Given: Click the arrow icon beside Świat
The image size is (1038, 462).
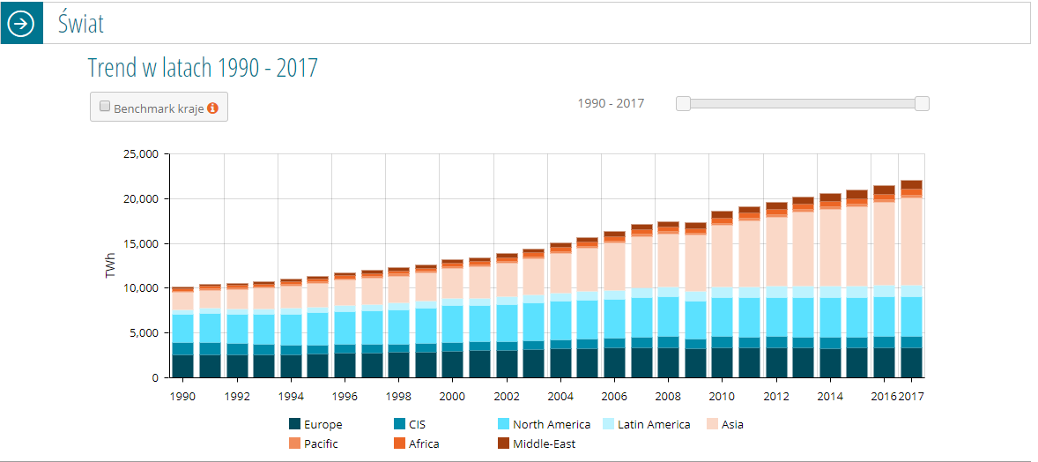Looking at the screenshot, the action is coord(23,24).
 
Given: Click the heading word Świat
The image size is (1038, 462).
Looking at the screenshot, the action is coord(80,23).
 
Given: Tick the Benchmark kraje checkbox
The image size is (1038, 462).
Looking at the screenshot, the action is coord(105,106).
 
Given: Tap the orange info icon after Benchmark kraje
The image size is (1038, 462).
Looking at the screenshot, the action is coord(212,108).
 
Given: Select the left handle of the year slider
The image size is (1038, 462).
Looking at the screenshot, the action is coord(683,103).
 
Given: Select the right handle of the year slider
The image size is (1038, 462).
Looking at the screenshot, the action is coord(922,103).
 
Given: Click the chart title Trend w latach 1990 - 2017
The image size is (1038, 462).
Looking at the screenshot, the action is coord(204,68).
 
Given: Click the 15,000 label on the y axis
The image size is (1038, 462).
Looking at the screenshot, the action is coord(141,243).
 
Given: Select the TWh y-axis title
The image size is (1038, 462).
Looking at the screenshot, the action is coord(110,265).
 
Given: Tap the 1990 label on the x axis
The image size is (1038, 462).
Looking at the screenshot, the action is coord(183,397).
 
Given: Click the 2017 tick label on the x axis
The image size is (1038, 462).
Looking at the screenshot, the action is coord(911,397).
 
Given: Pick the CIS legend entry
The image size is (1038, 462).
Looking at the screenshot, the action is coord(410,425).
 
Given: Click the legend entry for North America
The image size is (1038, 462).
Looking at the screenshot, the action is coord(545,425).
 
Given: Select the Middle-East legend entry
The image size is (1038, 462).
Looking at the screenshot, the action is coord(537,444).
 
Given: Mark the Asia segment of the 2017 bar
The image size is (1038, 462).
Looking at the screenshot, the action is coord(911,242).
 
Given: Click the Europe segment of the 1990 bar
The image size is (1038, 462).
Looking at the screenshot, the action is coord(183,366).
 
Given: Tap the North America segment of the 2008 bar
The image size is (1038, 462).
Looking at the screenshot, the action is coord(669,317).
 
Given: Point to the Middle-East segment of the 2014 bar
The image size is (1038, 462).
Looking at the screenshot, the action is coord(830,197).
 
